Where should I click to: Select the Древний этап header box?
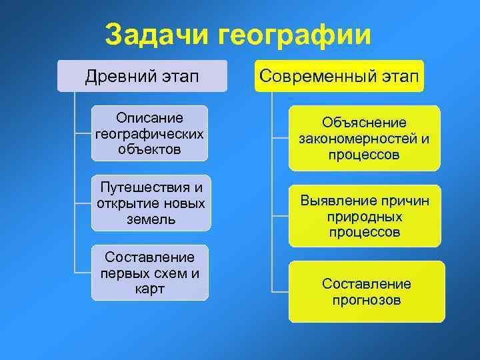click(x=143, y=76)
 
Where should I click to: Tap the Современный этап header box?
click(x=339, y=76)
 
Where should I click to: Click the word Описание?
click(x=150, y=118)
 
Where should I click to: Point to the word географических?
click(x=149, y=134)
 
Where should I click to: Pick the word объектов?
click(x=149, y=149)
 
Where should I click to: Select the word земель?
click(x=151, y=219)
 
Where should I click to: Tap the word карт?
click(x=150, y=289)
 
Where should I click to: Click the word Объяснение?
click(x=364, y=123)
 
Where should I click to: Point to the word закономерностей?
click(x=357, y=139)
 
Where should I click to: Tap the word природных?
click(x=365, y=217)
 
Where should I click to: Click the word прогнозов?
click(x=367, y=300)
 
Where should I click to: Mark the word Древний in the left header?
click(x=121, y=76)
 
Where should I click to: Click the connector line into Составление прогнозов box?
click(x=280, y=292)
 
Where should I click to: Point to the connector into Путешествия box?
click(x=83, y=203)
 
